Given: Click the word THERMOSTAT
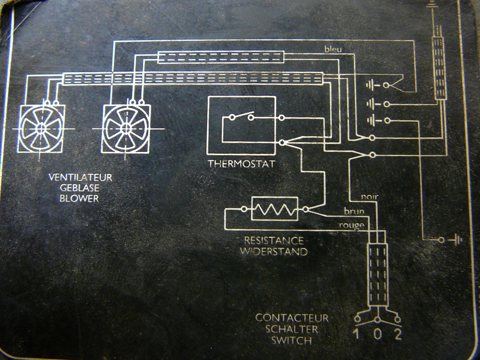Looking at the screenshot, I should click(241, 164).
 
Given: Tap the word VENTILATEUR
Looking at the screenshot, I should click(80, 178).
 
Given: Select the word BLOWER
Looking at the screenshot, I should click(79, 198).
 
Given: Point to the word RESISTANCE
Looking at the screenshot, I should click(274, 240).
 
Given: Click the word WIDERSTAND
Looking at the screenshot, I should click(274, 251).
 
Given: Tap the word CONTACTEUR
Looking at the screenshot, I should click(292, 318).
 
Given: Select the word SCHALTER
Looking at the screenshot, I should click(292, 329).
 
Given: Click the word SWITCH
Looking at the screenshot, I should click(292, 339).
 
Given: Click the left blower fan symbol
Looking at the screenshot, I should click(41, 128).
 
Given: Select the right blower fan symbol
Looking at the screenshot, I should click(126, 128).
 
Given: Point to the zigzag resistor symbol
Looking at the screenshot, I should click(274, 209).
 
